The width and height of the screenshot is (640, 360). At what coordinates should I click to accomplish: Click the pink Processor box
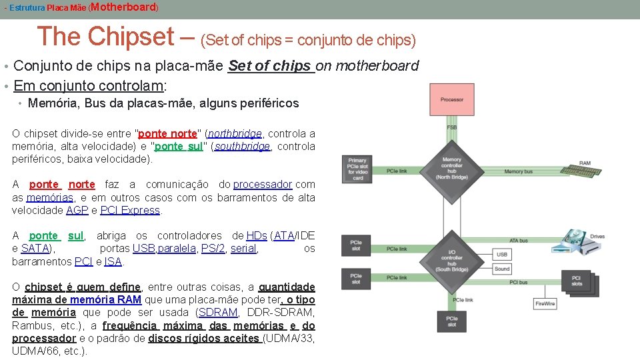[452, 100]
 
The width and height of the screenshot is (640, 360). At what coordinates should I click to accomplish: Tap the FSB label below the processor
[452, 127]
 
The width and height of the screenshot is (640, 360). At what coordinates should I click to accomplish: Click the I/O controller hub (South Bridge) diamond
[451, 261]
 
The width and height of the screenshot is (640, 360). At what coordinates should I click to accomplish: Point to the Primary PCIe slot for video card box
[358, 169]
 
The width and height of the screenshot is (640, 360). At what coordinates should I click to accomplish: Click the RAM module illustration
[579, 171]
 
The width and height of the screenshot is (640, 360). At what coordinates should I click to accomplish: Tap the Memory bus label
[518, 172]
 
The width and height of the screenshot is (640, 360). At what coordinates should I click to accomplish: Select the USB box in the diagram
[502, 255]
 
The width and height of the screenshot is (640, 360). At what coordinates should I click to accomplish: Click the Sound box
[502, 269]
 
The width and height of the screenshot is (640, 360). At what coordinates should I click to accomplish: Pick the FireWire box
[545, 304]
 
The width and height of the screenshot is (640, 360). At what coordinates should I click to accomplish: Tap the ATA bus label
[518, 241]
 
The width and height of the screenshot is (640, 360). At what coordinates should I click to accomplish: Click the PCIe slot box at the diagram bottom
[452, 322]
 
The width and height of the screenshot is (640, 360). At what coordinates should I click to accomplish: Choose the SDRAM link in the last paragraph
[218, 313]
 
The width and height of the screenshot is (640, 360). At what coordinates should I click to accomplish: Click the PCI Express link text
[130, 210]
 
